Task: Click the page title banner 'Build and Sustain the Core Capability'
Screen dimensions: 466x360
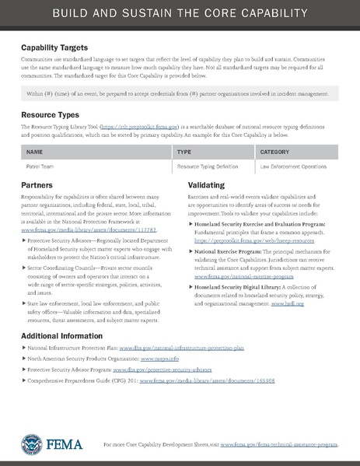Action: (180, 15)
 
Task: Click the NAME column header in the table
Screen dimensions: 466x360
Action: (35, 152)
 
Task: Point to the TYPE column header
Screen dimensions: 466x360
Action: (184, 152)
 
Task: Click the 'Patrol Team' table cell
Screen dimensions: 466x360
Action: (40, 166)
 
